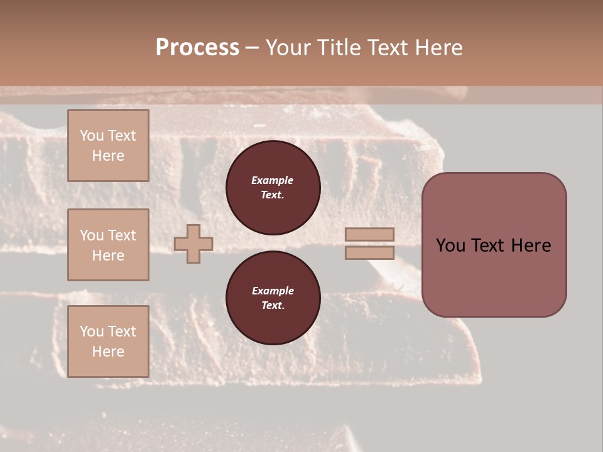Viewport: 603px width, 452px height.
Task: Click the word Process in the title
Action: coord(197,48)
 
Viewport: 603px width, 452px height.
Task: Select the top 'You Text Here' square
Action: coord(108,146)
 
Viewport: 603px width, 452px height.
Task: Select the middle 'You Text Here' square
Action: coord(108,245)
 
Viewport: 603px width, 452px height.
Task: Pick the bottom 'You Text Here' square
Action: coord(108,342)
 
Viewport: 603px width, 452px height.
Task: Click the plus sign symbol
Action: coord(193,244)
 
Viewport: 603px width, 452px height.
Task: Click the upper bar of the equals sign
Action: coord(370,235)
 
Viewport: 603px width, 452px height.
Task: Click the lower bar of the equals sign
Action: coord(370,252)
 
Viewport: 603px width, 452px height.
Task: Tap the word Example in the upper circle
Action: coord(273,180)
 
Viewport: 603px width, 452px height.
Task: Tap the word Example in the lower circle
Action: coord(273,291)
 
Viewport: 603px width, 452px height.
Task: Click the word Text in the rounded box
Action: coord(489,245)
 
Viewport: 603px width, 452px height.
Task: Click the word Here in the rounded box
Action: coord(531,245)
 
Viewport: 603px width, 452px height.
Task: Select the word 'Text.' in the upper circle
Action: coord(273,195)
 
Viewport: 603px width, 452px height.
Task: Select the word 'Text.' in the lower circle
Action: coord(273,306)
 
